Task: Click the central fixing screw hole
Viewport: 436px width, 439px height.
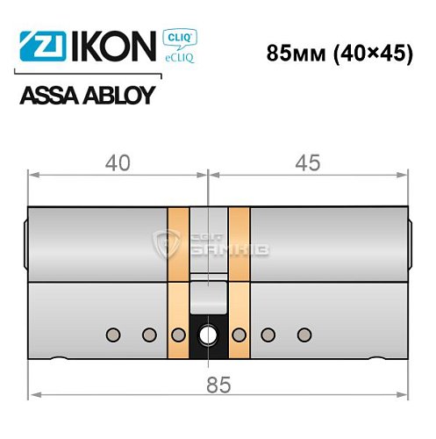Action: coord(210,335)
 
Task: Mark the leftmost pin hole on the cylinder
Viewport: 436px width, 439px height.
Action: coord(113,334)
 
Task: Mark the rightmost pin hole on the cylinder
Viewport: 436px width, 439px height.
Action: coord(304,334)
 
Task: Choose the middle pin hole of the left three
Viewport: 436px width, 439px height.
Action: coord(147,334)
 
